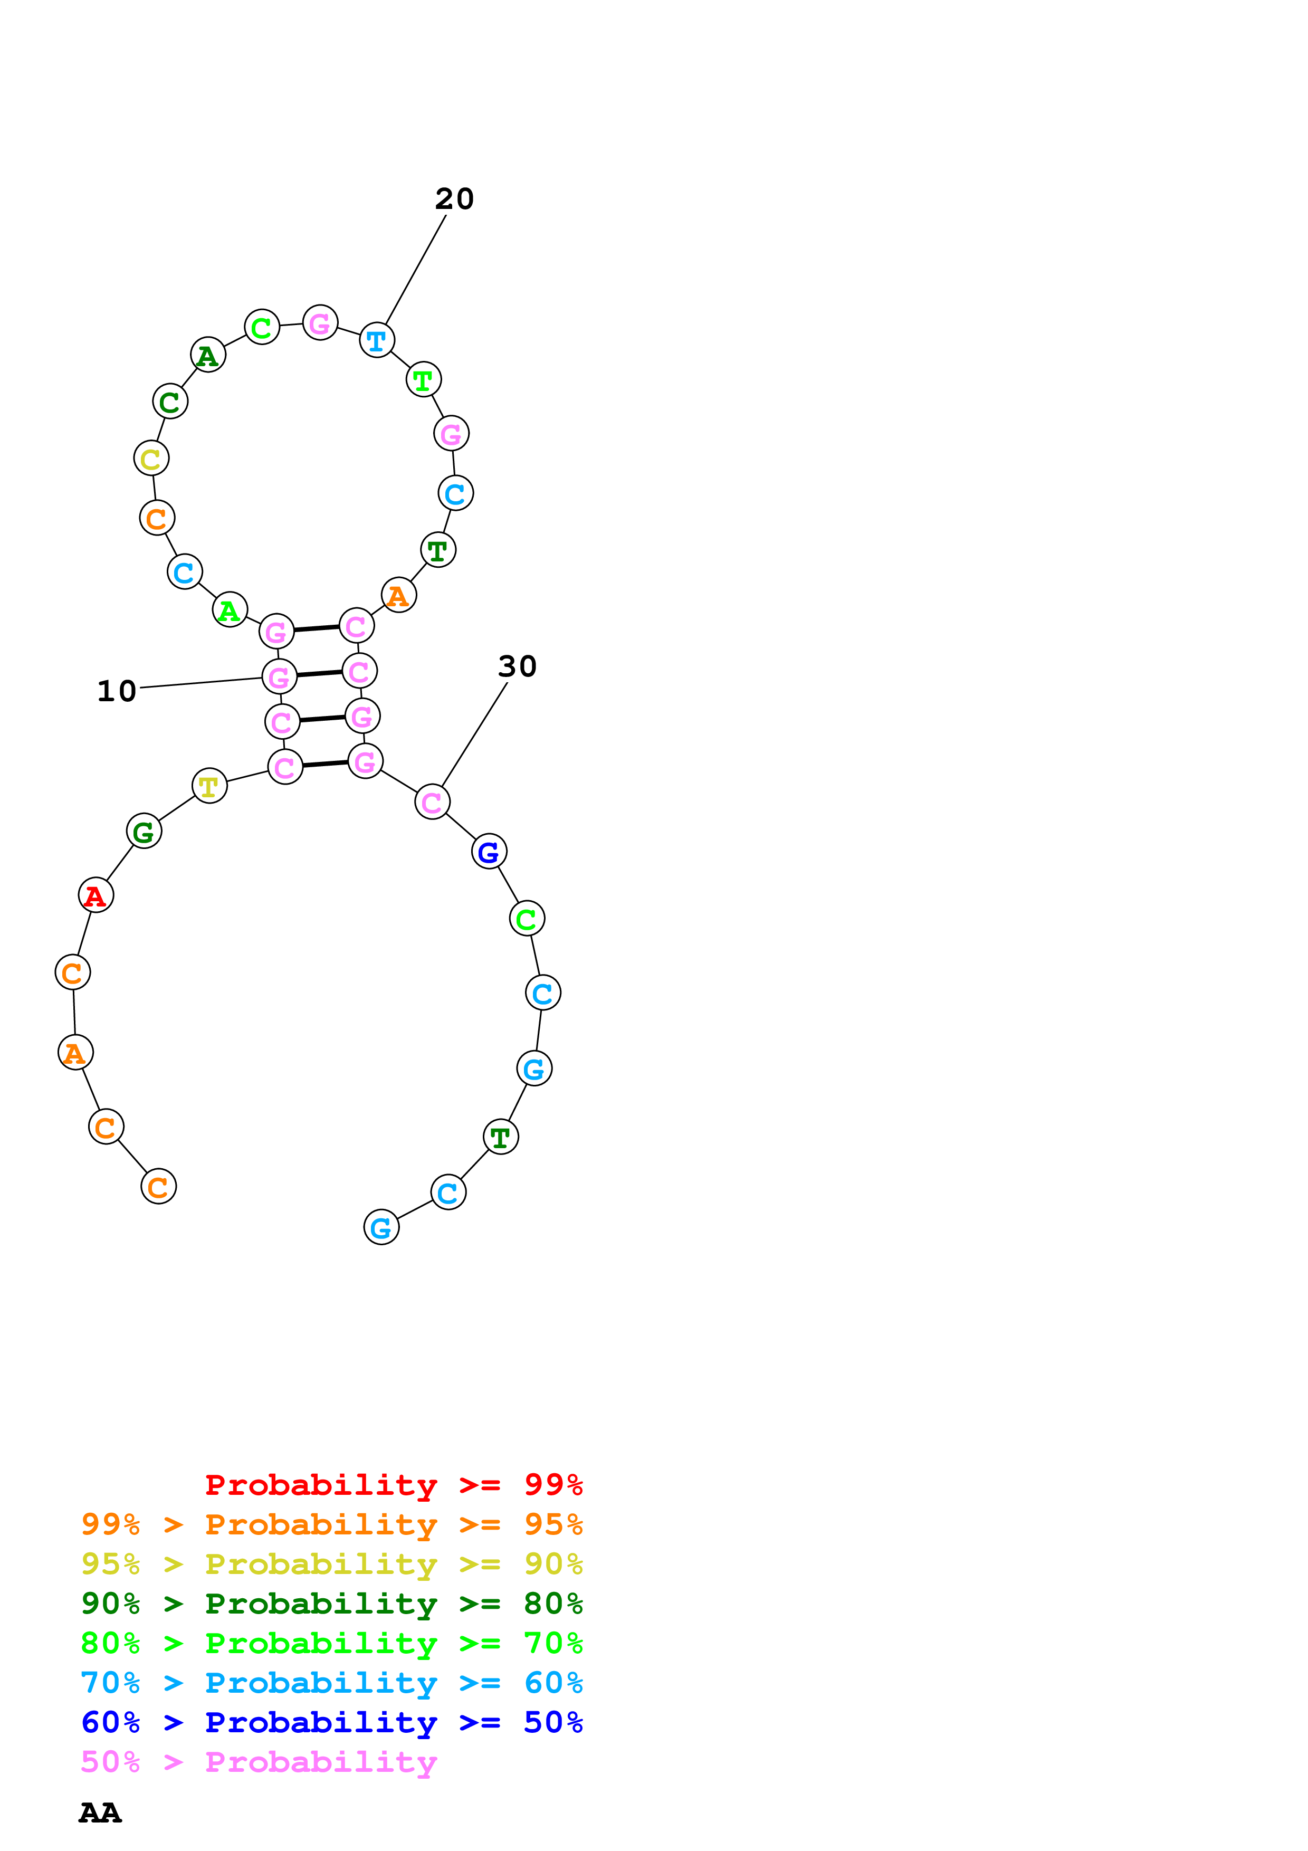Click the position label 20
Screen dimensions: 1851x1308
coord(454,199)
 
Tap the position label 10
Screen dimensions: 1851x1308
coord(116,691)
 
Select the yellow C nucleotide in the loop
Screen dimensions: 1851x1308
coord(151,459)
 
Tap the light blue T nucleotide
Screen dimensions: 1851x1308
coord(376,340)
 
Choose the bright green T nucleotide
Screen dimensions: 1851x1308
coord(423,380)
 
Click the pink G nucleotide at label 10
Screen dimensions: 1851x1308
coord(279,676)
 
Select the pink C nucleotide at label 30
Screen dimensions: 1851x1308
coord(432,802)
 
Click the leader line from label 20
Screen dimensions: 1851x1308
coord(416,269)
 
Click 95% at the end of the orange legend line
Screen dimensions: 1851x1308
coord(553,1524)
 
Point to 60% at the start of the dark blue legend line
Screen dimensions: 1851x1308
coord(110,1722)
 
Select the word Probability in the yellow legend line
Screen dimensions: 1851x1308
coord(321,1564)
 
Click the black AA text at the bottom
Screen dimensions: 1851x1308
coord(100,1813)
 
